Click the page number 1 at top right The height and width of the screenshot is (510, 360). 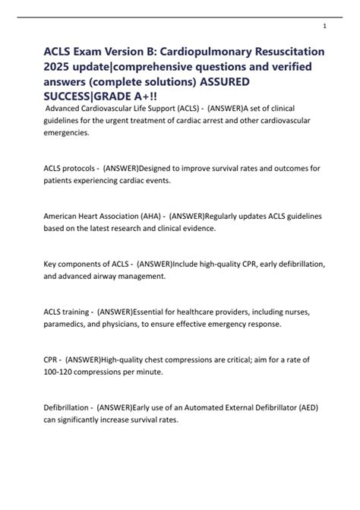coord(324,26)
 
